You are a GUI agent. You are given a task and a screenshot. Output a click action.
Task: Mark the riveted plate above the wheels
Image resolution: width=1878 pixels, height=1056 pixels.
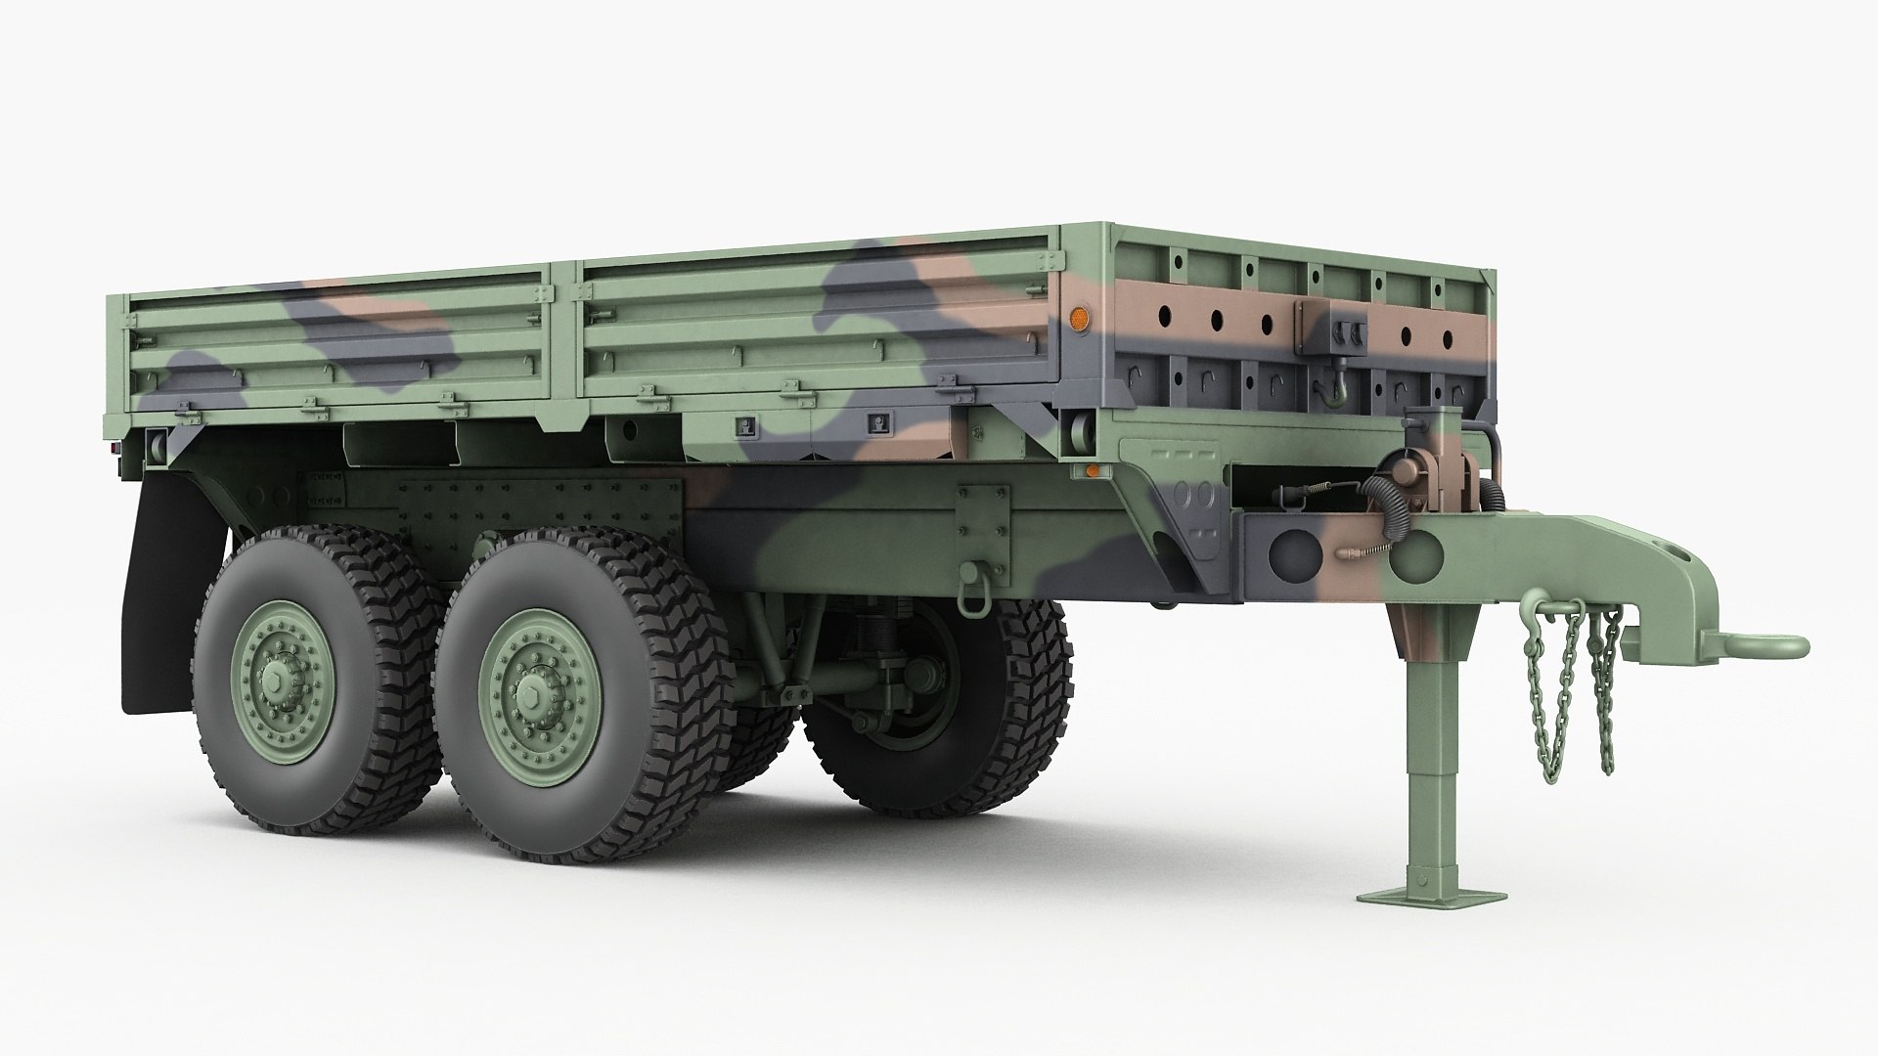click(538, 505)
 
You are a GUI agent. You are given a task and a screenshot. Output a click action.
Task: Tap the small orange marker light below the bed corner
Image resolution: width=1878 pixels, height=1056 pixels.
click(1092, 471)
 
